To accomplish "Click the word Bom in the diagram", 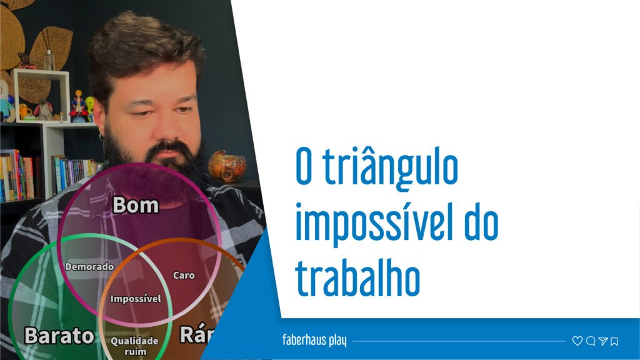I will pos(136,206).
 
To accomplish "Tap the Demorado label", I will pos(89,267).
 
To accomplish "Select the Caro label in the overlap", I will pos(183,275).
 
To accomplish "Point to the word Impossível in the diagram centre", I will pos(136,299).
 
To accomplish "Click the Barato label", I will pos(59,336).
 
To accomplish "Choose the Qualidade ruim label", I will pos(134,346).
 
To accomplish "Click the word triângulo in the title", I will pos(394,168).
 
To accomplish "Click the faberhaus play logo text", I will pos(314,341).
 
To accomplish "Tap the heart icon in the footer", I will pos(577,341).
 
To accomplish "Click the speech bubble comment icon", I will pos(590,341).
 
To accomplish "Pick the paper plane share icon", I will pos(602,341).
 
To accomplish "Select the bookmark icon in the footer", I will pos(614,341).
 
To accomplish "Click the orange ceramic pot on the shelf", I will pos(226,166).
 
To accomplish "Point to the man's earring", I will pos(101,136).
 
